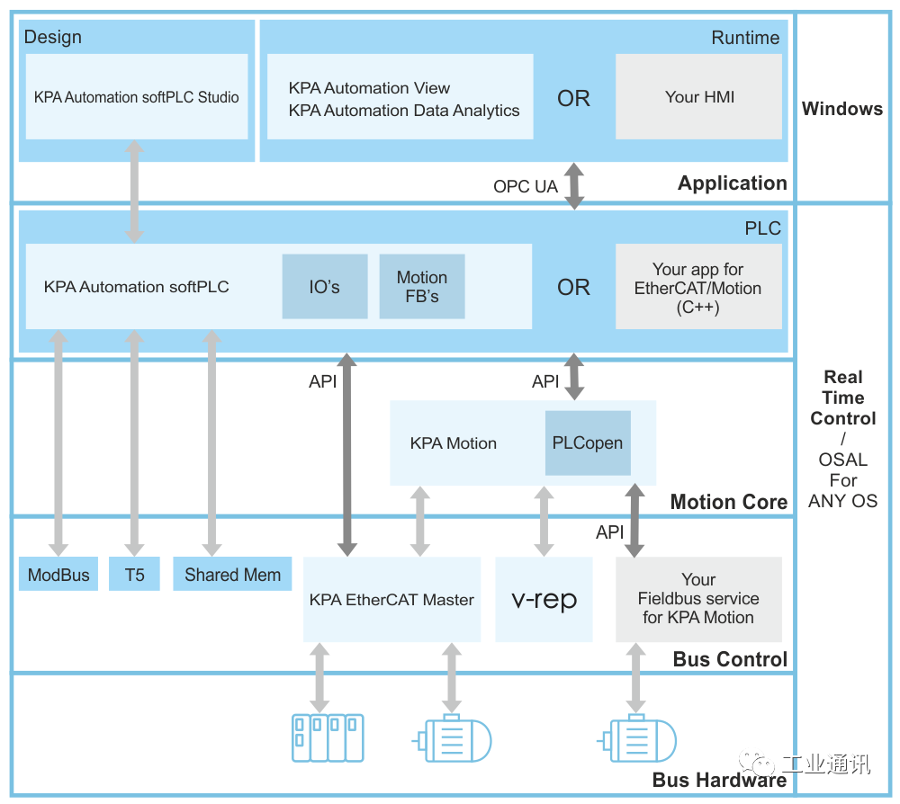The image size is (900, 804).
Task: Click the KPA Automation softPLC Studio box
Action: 137,97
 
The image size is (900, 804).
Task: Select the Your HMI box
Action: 698,97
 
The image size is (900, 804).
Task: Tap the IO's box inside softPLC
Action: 325,287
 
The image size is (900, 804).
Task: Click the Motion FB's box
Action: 422,287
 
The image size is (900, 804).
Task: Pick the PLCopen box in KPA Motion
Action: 588,443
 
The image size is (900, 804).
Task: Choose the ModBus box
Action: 58,575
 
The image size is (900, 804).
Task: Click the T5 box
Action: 134,575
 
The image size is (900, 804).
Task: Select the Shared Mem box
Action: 232,575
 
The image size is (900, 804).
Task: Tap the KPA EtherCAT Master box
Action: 391,599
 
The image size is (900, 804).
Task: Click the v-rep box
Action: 544,599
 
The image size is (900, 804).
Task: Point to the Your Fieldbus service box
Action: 698,599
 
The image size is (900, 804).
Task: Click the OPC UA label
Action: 526,187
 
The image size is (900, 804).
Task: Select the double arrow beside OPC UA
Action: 574,187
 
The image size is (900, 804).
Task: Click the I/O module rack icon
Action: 328,737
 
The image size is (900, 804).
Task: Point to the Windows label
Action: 842,109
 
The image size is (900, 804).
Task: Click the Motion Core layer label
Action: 728,502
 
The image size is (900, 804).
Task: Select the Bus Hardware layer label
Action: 719,780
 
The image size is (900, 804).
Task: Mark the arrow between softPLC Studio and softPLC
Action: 134,192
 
